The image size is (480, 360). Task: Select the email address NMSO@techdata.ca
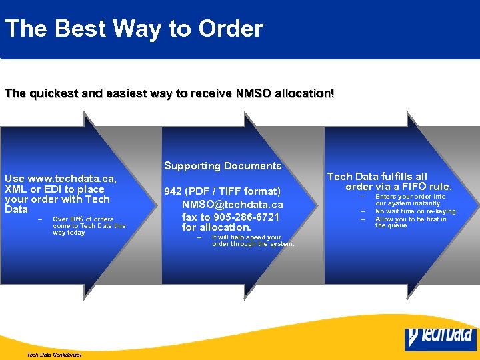(x=232, y=205)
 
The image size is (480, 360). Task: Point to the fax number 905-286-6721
(x=242, y=217)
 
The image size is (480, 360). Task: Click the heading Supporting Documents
(x=223, y=166)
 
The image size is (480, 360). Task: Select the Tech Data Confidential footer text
(x=54, y=355)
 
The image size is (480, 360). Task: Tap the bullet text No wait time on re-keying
(x=415, y=211)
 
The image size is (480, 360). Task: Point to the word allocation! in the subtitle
(x=303, y=93)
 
